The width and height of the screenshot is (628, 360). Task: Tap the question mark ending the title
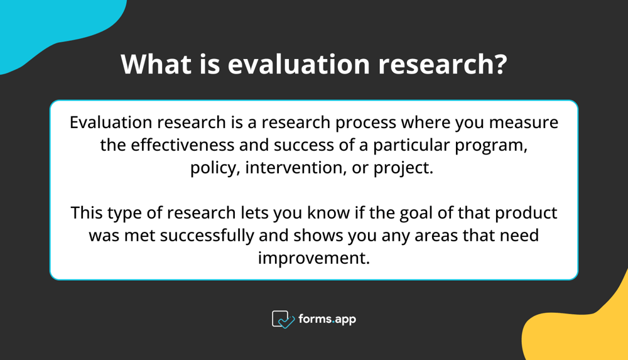(499, 65)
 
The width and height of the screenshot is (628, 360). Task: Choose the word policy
(214, 169)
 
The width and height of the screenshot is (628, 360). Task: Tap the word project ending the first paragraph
(408, 169)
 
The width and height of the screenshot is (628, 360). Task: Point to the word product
(525, 212)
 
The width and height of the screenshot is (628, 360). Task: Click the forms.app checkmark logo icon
(283, 319)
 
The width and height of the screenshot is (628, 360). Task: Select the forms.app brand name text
(327, 319)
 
